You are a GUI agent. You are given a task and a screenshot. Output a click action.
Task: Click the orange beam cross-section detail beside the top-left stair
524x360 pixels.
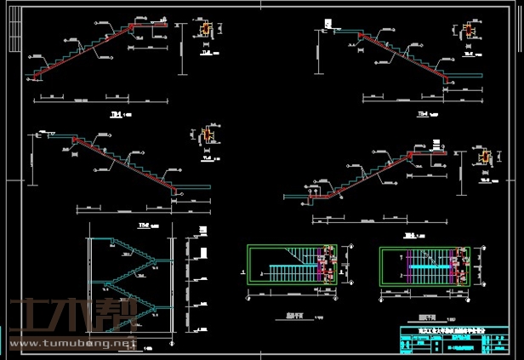(x=205, y=30)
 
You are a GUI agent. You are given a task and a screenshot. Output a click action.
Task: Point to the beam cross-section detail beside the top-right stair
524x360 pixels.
(x=467, y=31)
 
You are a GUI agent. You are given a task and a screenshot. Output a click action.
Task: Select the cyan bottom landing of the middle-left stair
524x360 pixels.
(x=196, y=187)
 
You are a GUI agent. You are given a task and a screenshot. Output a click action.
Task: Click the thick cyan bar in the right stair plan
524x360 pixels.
(x=424, y=266)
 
